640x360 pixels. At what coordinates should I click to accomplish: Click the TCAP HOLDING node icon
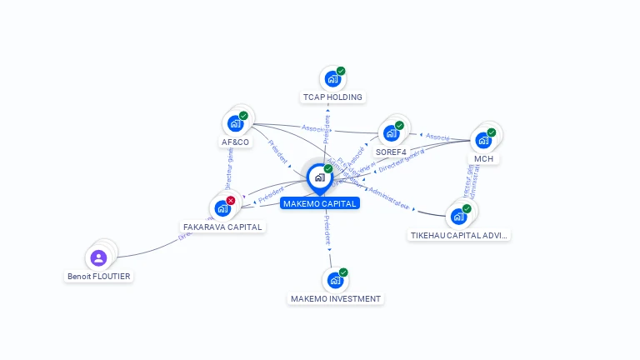pyautogui.click(x=332, y=79)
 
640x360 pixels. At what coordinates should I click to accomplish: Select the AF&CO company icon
pyautogui.click(x=236, y=124)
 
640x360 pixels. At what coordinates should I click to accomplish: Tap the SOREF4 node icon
pyautogui.click(x=391, y=132)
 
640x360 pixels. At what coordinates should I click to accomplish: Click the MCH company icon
pyautogui.click(x=483, y=139)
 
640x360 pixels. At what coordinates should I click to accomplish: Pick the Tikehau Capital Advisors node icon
pyautogui.click(x=458, y=216)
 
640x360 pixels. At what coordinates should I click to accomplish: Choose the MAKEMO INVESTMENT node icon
pyautogui.click(x=335, y=280)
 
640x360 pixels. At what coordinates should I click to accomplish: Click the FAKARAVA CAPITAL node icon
pyautogui.click(x=222, y=207)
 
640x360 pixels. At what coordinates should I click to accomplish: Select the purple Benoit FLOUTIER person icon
pyautogui.click(x=98, y=257)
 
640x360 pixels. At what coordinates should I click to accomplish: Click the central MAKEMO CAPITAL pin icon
pyautogui.click(x=319, y=177)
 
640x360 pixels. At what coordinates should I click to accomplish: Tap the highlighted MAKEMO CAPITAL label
pyautogui.click(x=320, y=203)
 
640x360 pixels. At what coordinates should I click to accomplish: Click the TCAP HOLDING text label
pyautogui.click(x=332, y=97)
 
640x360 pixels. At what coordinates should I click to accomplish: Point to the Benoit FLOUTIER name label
pyautogui.click(x=99, y=276)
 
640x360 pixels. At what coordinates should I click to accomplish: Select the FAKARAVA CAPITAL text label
pyautogui.click(x=222, y=227)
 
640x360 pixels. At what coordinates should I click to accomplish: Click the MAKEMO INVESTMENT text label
pyautogui.click(x=336, y=298)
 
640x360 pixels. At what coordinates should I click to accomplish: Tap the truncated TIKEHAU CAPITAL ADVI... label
pyautogui.click(x=459, y=235)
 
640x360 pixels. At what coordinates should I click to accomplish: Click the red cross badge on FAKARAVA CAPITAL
pyautogui.click(x=231, y=200)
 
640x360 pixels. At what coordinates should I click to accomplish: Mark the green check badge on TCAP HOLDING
pyautogui.click(x=341, y=71)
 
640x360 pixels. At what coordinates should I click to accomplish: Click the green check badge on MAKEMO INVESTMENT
pyautogui.click(x=343, y=272)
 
